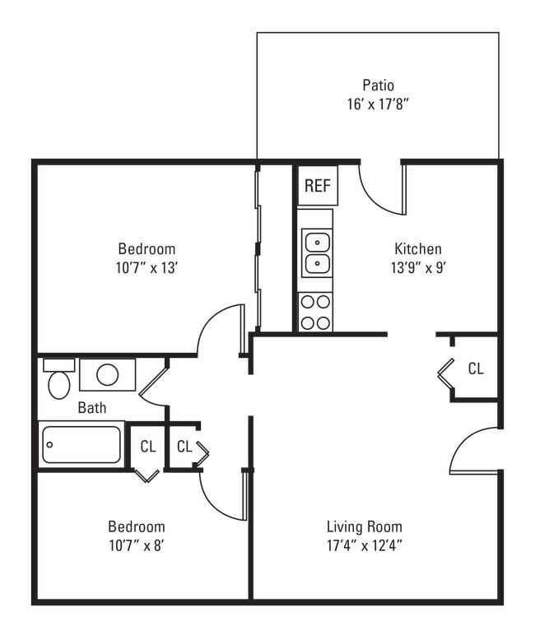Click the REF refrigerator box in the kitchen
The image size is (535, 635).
[x=317, y=186]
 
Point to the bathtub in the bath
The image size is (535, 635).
[x=81, y=445]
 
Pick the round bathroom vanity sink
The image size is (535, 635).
[x=108, y=374]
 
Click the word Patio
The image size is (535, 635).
[x=378, y=86]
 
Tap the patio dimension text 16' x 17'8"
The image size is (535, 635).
[x=378, y=104]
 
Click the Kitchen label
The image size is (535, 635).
[x=417, y=248]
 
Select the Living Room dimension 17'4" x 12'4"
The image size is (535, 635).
[x=364, y=545]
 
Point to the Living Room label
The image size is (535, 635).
[x=364, y=526]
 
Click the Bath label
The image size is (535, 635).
[x=91, y=407]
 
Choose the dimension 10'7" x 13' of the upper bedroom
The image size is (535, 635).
[x=147, y=267]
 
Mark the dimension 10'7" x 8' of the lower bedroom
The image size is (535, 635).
[x=137, y=545]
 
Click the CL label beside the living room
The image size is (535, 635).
[x=475, y=368]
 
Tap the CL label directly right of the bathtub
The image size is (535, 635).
[x=147, y=447]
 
